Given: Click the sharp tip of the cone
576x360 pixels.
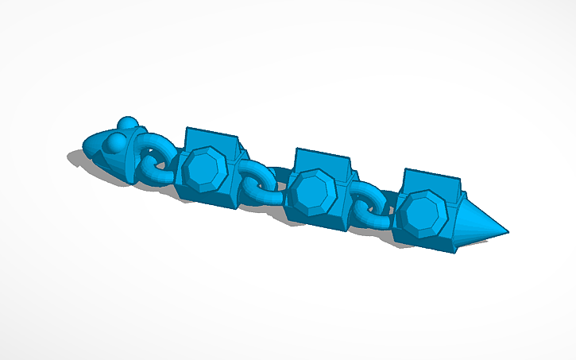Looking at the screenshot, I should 507,233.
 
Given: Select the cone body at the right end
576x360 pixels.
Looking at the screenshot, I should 477,223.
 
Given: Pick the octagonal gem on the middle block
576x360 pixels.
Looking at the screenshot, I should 309,192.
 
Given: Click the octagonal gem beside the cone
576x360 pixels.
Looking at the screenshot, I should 419,212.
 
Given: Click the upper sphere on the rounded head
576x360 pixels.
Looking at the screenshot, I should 127,123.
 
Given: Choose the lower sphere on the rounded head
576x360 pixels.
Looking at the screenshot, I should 118,142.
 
